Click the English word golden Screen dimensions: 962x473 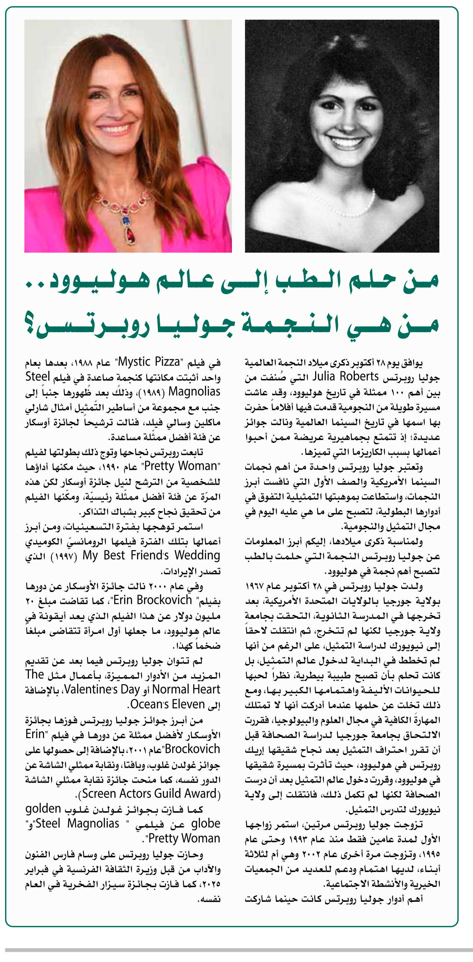click(x=43, y=809)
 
